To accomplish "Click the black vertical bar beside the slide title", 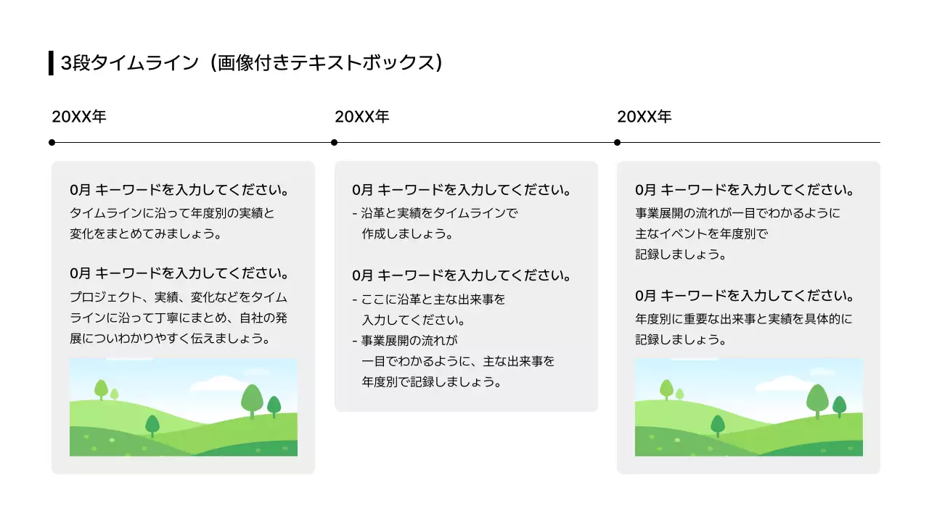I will click(51, 63).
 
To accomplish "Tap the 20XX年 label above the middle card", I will click(361, 117).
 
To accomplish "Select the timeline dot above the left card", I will click(52, 142).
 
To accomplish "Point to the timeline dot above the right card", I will click(617, 142).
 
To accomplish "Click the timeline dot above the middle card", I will click(335, 142).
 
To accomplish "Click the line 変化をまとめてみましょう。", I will click(145, 234).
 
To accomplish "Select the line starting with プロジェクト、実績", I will click(179, 297).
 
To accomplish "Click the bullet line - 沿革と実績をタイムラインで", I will click(435, 213).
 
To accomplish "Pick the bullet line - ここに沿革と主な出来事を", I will click(428, 299).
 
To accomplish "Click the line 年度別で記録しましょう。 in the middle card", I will click(431, 381).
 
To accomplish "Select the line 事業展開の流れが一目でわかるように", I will click(737, 213).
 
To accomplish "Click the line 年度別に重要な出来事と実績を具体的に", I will click(744, 318).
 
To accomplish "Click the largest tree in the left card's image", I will click(252, 399).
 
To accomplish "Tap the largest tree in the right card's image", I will click(817, 399).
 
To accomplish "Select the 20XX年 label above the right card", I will click(644, 117).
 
